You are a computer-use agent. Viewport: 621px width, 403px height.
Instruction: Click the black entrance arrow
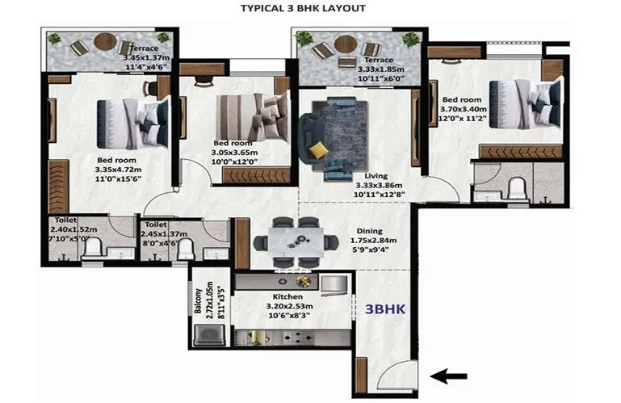coord(448,376)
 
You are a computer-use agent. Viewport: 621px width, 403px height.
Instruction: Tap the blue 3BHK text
coord(385,309)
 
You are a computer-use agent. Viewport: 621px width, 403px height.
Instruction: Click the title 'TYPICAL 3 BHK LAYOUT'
coord(303,8)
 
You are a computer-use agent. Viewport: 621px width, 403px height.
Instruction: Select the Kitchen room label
coord(287,296)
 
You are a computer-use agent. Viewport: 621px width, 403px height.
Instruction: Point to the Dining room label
coord(370,231)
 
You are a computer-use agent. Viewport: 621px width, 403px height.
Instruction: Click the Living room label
coord(376,176)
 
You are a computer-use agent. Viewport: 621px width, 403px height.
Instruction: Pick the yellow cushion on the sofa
coord(319,150)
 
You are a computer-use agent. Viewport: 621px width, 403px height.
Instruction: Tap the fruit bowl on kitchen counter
coord(304,281)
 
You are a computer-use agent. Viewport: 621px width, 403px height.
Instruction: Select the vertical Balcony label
coord(198,301)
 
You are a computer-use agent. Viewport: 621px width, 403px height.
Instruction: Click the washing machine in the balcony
coord(210,335)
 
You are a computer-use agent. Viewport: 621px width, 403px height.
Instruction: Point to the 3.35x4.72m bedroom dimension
coord(118,170)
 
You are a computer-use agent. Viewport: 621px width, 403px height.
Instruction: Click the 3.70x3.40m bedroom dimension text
coord(464,109)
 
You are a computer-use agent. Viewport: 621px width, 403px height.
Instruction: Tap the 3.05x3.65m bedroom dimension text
coord(234,153)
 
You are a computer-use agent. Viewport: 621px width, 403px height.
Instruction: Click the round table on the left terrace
coord(105,42)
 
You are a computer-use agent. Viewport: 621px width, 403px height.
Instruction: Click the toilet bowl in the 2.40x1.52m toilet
coord(94,248)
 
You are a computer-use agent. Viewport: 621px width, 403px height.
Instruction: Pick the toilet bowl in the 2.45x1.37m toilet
coord(186,249)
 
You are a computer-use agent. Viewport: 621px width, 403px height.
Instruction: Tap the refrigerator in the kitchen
coord(334,285)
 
